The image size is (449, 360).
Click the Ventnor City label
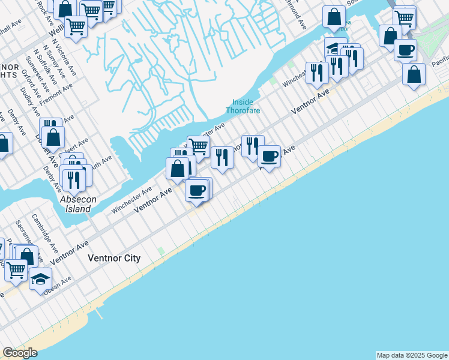(x=114, y=259)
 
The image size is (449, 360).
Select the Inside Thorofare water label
(x=243, y=106)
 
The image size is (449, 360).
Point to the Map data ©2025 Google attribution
(x=412, y=355)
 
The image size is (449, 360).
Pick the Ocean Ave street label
(x=57, y=284)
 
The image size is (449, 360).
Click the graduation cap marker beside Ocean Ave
(x=40, y=279)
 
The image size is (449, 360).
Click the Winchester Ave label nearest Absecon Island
(x=131, y=200)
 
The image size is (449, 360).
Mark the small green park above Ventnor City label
(x=160, y=250)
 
